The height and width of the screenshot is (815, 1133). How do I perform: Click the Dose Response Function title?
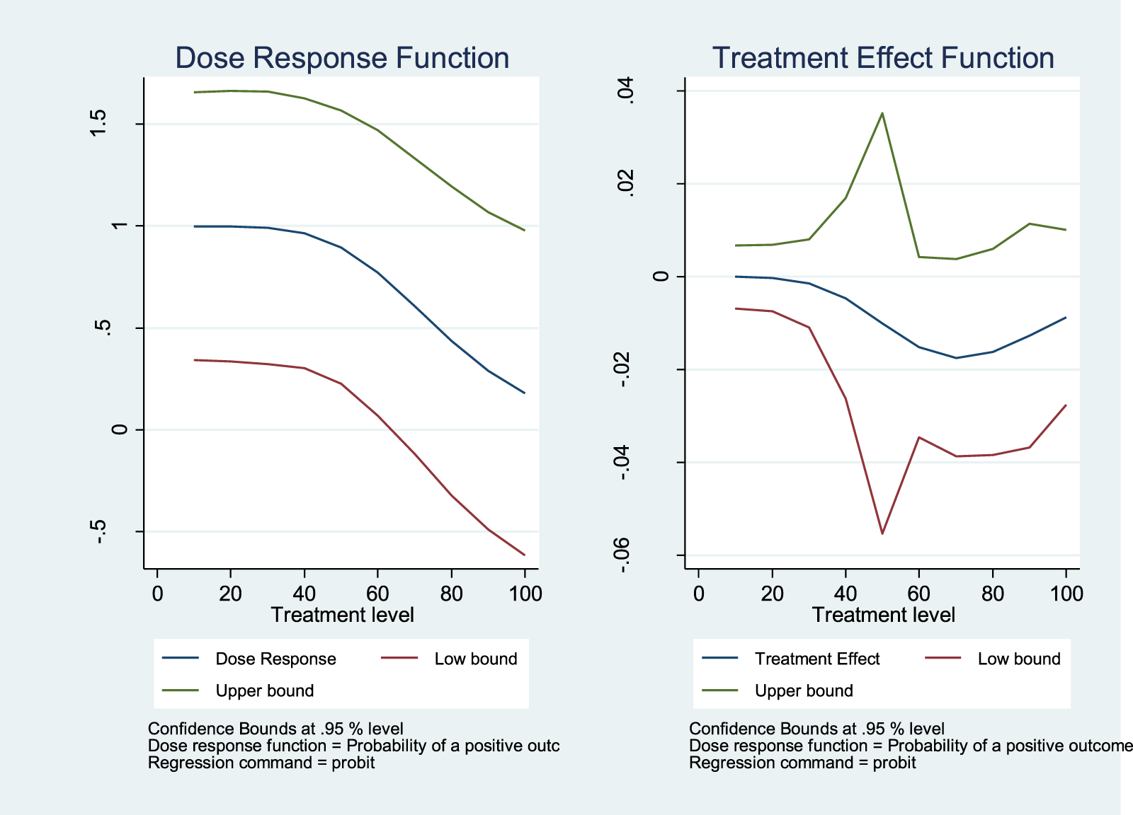[x=342, y=58]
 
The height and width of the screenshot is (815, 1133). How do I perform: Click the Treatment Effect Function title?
[x=883, y=58]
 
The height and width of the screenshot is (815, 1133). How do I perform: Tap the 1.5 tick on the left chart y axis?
[x=99, y=124]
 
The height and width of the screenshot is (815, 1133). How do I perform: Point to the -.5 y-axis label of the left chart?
[x=99, y=531]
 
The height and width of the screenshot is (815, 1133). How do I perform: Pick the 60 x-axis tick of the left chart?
[x=377, y=593]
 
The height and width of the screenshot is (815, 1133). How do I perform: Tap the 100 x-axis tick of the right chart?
[x=1066, y=593]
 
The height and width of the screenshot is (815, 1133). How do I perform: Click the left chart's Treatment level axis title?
[x=342, y=615]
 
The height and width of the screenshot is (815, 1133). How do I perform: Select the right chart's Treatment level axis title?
[x=883, y=615]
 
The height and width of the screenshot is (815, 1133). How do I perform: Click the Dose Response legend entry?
[x=275, y=659]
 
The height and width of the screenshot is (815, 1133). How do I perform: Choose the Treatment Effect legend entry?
[x=816, y=659]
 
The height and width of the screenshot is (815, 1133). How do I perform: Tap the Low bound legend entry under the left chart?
[x=475, y=659]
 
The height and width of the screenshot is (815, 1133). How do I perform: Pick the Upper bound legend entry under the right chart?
[x=804, y=690]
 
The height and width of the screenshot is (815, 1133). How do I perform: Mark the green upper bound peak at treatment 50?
[x=882, y=113]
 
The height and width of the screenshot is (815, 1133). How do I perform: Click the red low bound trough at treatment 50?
[x=882, y=533]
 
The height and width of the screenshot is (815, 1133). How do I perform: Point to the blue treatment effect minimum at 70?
[x=956, y=358]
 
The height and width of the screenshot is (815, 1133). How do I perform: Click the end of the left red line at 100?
[x=524, y=555]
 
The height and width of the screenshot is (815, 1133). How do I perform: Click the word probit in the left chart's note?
[x=353, y=763]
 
